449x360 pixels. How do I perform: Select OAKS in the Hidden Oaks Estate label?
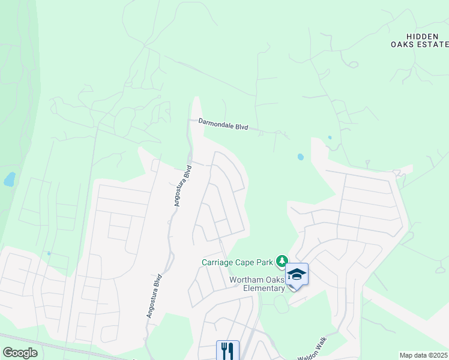click(x=402, y=44)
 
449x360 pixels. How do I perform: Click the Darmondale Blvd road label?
click(x=223, y=124)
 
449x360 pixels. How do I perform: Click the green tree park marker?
click(x=281, y=261)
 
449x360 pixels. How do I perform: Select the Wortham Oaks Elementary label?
click(x=257, y=284)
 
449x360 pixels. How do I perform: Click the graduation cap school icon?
click(x=297, y=274)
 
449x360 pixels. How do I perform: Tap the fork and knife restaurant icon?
click(x=228, y=350)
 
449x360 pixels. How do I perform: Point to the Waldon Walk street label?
click(x=313, y=351)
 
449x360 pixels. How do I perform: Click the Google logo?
click(x=20, y=353)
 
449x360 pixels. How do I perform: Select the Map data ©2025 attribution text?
click(x=423, y=355)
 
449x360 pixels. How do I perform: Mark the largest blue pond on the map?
click(x=8, y=179)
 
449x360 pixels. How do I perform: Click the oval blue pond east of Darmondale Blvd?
click(x=300, y=157)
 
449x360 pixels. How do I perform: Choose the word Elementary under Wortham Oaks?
click(x=266, y=288)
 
